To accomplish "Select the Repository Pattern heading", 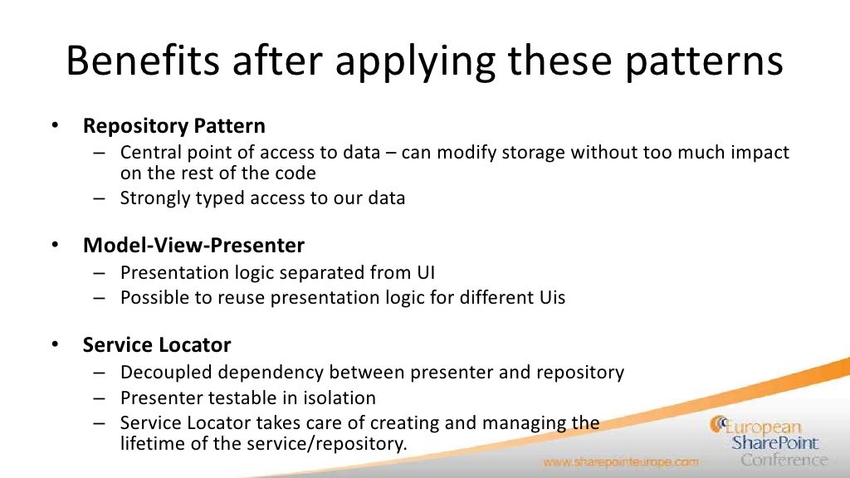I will point(174,126).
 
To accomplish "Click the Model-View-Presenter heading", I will point(193,246).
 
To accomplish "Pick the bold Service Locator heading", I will point(157,344).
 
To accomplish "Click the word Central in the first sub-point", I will point(149,153).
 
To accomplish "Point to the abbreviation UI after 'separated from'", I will point(425,272).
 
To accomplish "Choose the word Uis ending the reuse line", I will point(549,297).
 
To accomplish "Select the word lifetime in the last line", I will point(149,443).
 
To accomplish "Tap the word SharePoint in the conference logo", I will point(774,443).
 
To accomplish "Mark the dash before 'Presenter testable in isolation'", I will point(100,398).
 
